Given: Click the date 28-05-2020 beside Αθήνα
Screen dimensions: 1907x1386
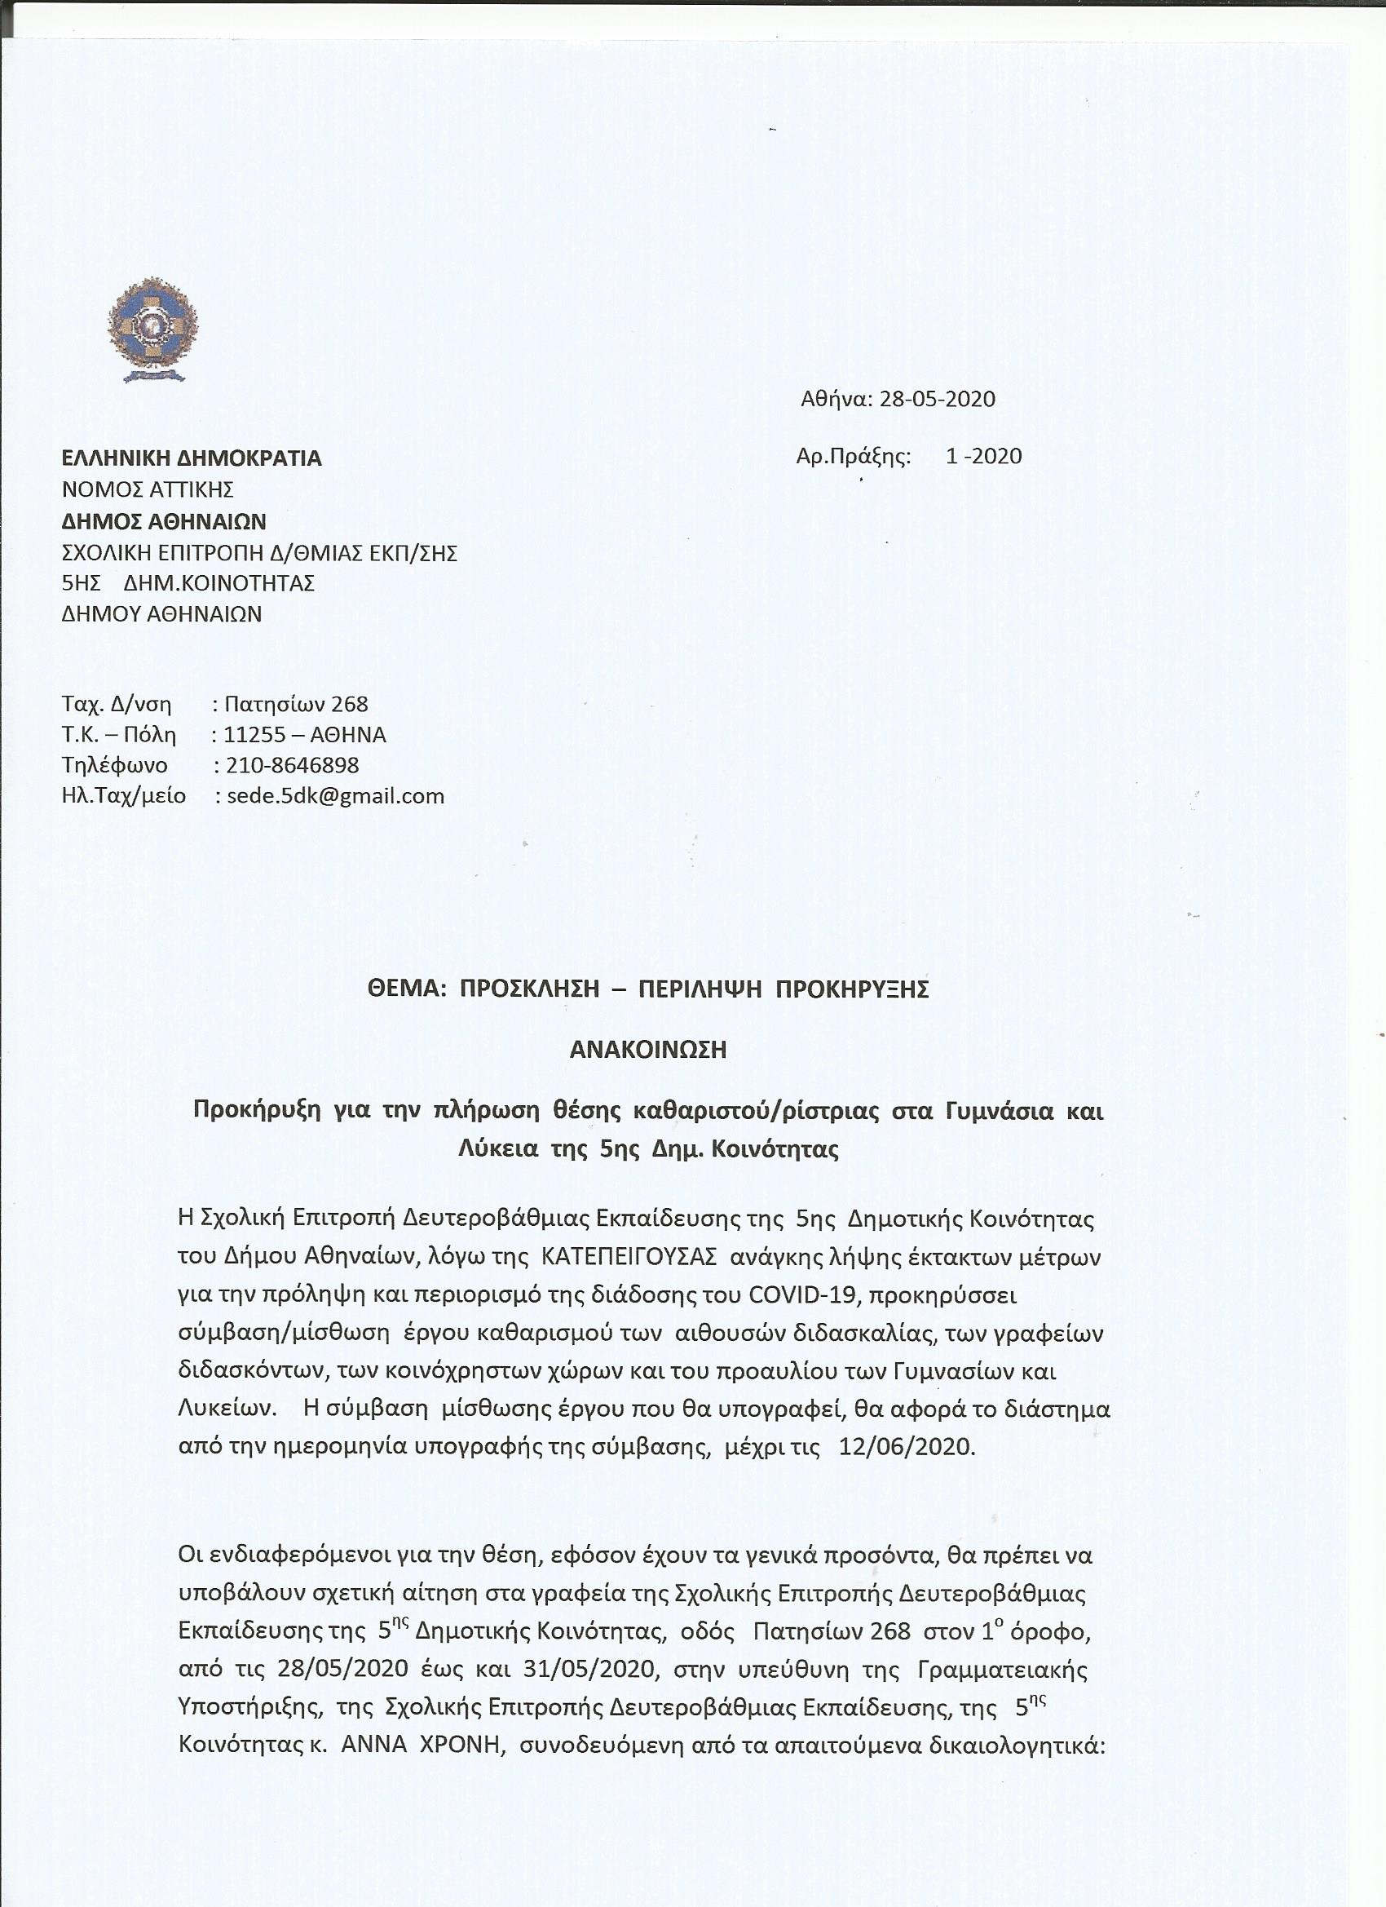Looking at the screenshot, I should point(937,399).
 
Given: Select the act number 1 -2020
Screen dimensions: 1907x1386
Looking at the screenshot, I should point(983,456).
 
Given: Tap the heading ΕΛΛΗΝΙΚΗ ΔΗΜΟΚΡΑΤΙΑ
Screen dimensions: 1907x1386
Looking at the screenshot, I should point(192,458).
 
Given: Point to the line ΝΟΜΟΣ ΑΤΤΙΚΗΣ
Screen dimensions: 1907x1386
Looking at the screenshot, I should point(148,489).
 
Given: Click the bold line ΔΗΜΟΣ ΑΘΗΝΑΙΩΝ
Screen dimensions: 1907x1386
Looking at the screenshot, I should point(164,521).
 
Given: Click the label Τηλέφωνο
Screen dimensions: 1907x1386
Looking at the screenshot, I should point(114,765).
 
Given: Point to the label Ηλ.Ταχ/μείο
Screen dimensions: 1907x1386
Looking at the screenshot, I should point(124,795).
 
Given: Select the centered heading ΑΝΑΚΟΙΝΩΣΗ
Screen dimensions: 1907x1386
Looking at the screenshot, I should point(648,1051).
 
